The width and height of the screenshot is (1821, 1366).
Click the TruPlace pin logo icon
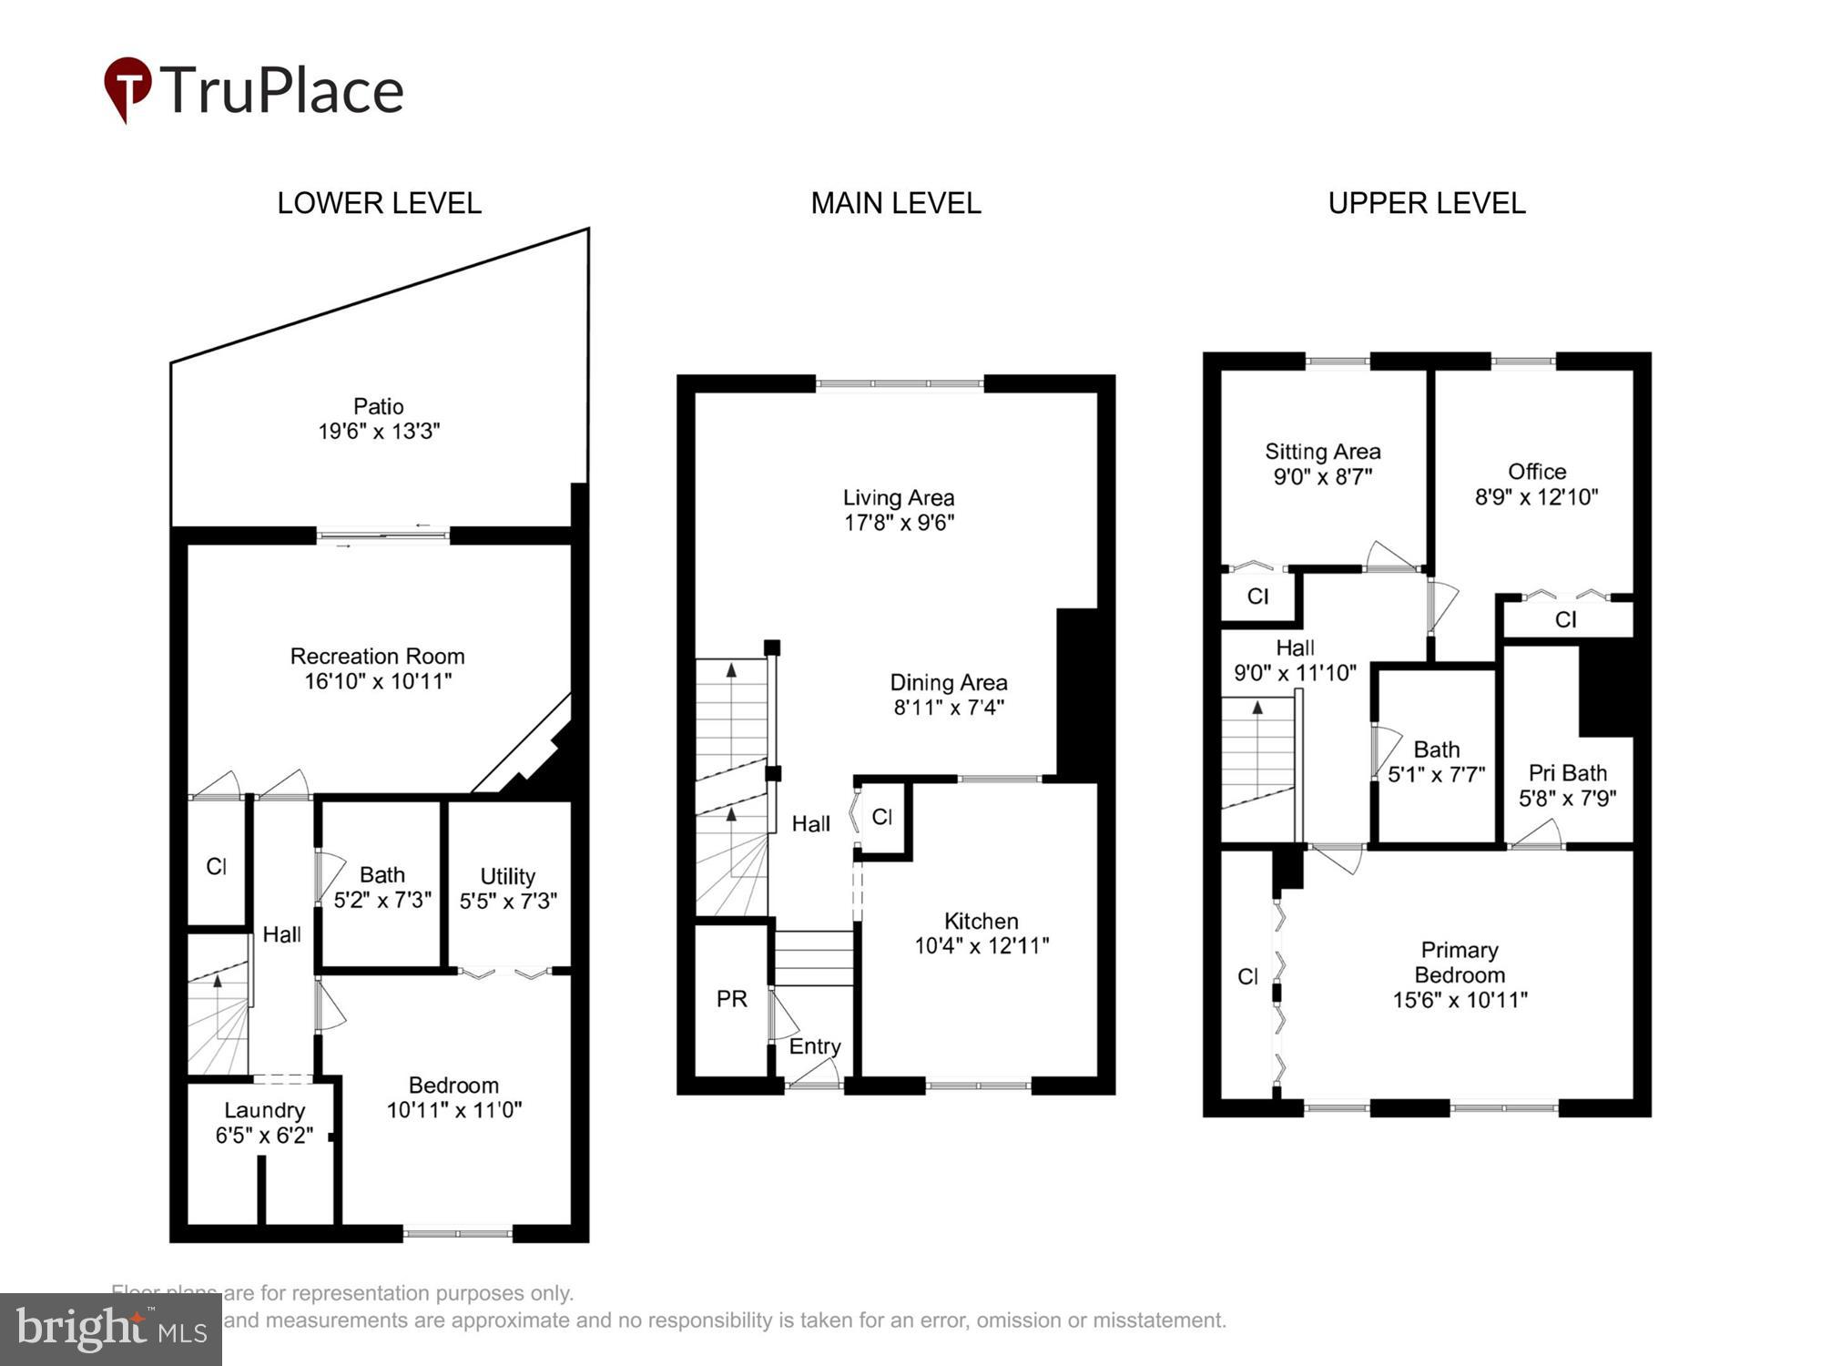127,87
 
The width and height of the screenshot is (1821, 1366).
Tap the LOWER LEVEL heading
379,203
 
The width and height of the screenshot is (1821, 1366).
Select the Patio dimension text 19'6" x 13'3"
379,431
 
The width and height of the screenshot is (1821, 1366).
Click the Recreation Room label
377,656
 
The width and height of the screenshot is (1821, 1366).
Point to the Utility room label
507,876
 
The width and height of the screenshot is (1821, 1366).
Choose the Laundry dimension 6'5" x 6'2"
264,1135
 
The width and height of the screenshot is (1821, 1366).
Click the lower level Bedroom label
453,1085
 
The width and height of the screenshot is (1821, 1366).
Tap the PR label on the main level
731,999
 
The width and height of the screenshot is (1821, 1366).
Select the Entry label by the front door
814,1046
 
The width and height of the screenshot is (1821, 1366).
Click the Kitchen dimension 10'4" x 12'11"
982,945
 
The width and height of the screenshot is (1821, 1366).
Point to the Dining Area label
948,682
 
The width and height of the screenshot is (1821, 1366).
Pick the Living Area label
898,497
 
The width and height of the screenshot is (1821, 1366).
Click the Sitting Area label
1322,452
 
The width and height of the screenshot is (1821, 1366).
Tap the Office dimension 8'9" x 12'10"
1536,496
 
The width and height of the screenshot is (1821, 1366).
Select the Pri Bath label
1567,773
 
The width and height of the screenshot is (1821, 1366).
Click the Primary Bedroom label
1460,963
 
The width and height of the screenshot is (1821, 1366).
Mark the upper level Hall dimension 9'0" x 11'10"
1295,673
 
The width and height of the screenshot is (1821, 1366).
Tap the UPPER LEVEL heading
1426,203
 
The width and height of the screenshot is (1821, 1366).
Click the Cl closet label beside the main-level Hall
881,817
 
